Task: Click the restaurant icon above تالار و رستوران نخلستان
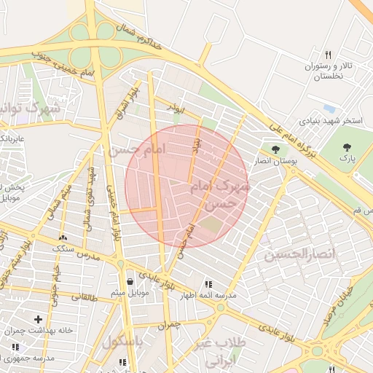329,55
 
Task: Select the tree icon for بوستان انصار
275,149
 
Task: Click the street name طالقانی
84,297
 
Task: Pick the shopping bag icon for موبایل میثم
130,280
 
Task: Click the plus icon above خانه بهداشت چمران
38,319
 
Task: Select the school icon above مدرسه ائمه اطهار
208,284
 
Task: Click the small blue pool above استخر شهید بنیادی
329,109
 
